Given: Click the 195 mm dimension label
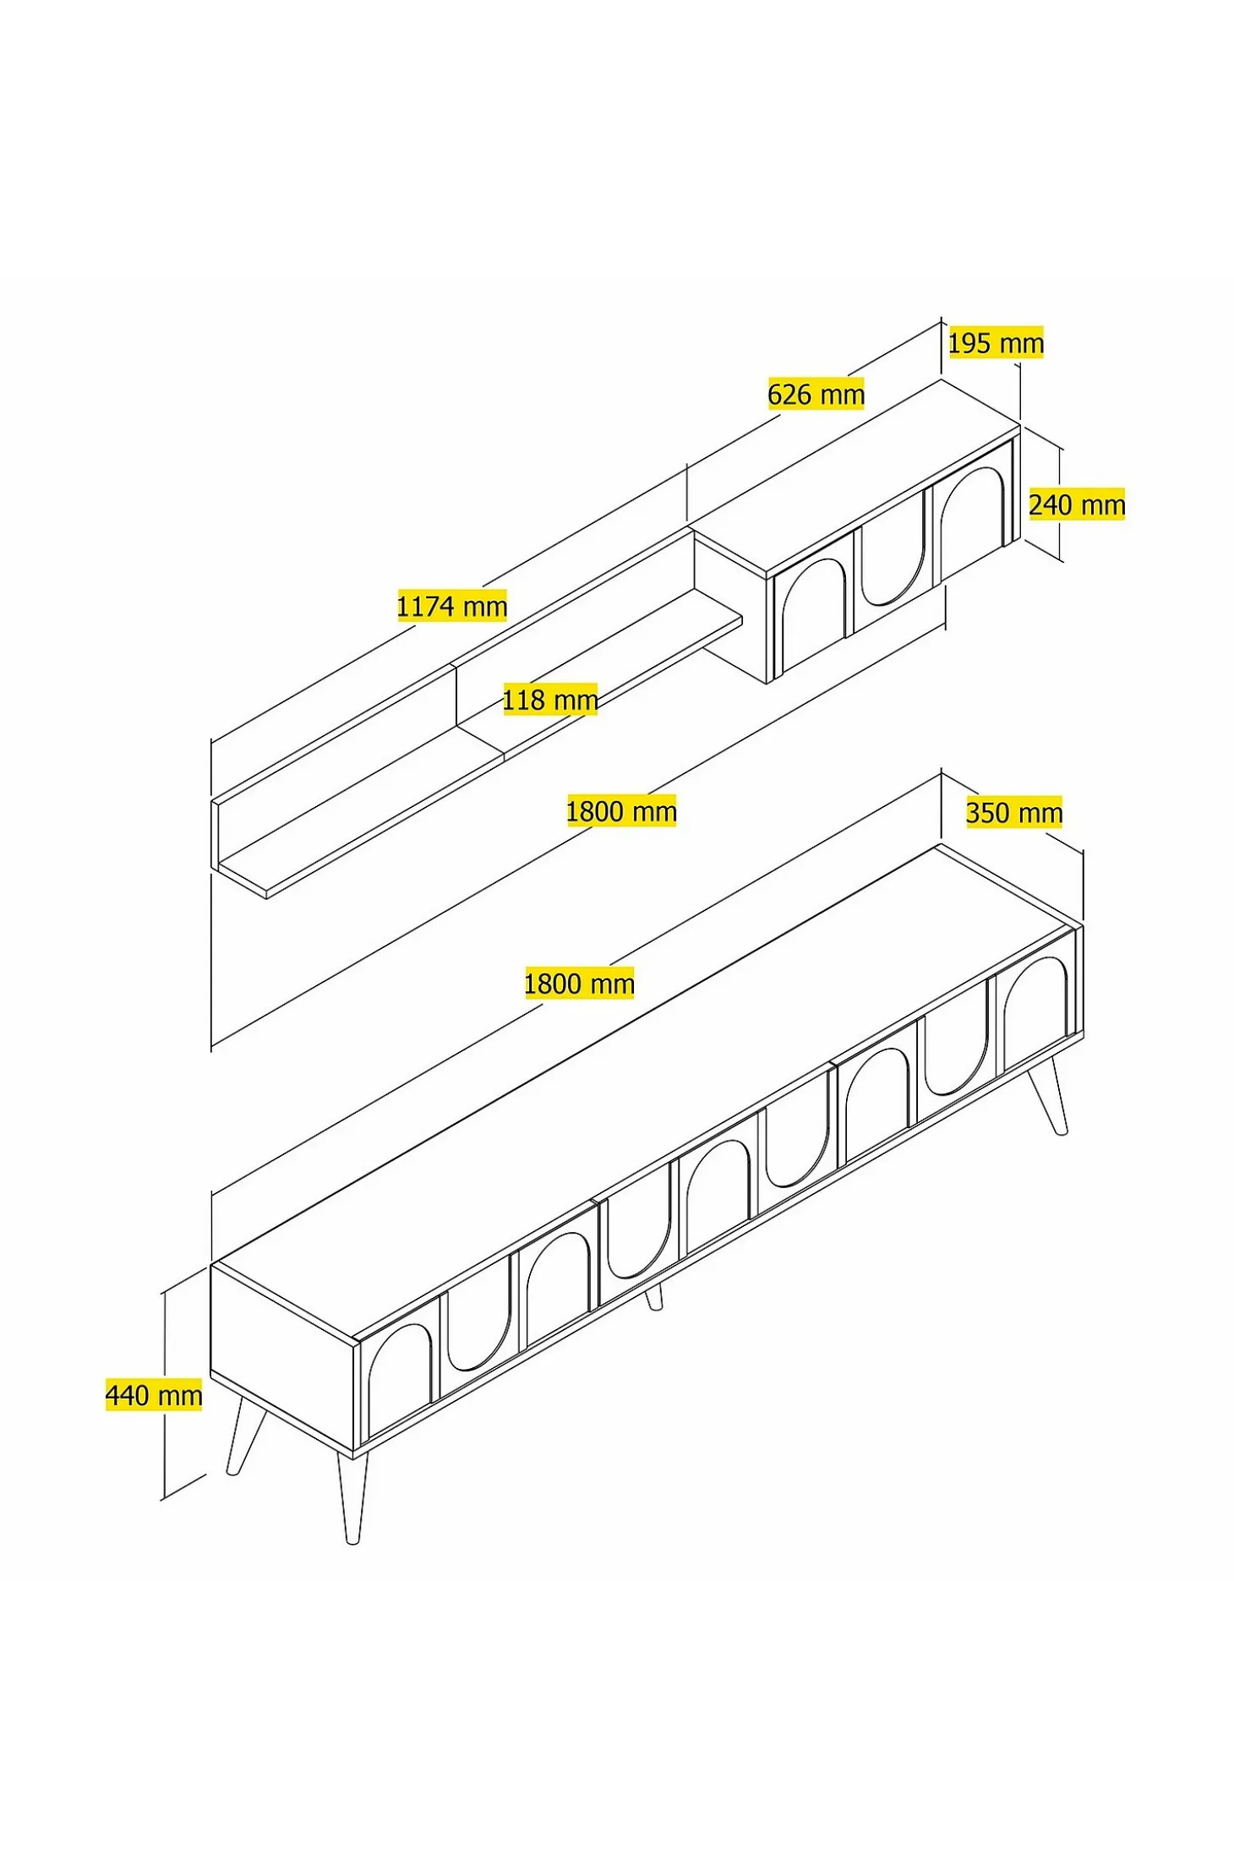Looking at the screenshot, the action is pos(996,342).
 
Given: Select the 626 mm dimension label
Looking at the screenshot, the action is pos(816,394).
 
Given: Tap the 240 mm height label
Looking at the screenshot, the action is pos(1077,504).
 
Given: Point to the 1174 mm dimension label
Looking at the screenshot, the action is pos(452,606).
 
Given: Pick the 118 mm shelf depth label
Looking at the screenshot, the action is pos(550,700).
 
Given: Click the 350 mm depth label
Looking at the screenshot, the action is pos(1014,813).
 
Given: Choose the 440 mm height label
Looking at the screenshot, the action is pos(154,1395).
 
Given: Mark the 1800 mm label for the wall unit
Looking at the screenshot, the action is pos(621,811).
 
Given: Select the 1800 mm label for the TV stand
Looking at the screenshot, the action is pos(579,984).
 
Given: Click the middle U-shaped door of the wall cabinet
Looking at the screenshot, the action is pos(892,562).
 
